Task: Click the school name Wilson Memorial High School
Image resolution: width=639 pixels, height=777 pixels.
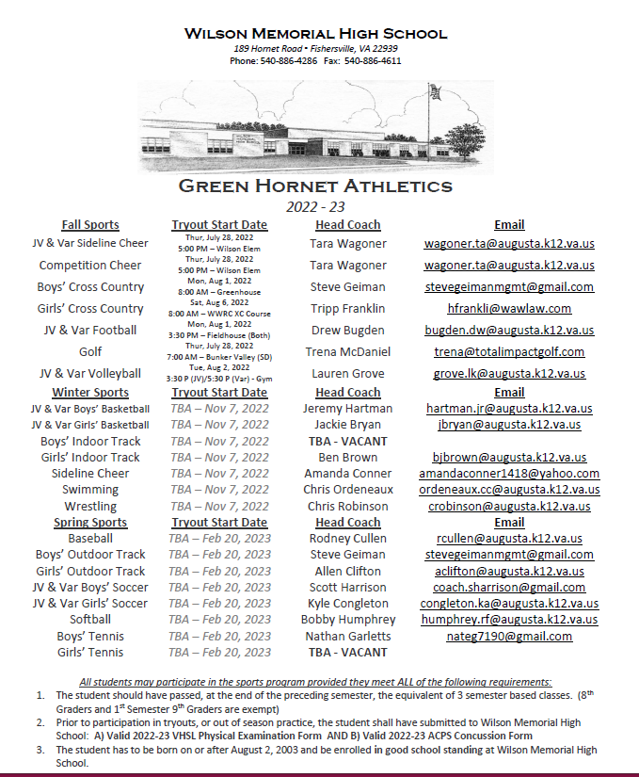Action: (x=315, y=34)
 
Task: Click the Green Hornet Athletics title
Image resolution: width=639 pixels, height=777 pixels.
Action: (x=315, y=186)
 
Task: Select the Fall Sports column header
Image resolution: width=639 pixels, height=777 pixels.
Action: (x=90, y=225)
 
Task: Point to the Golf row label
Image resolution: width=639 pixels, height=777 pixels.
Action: (x=90, y=351)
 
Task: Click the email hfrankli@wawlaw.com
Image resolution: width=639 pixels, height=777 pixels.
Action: (x=509, y=308)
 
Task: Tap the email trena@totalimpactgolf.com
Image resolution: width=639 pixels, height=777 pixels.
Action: (x=509, y=351)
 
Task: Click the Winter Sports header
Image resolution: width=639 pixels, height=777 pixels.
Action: (x=90, y=392)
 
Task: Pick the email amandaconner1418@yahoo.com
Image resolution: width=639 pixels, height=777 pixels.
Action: (x=509, y=474)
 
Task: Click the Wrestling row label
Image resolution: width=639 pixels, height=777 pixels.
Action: (x=90, y=506)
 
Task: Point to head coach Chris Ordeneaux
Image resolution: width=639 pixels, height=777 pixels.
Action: (x=348, y=490)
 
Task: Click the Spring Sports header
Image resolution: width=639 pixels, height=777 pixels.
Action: (x=90, y=523)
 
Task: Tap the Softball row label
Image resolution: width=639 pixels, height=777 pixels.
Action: (x=90, y=620)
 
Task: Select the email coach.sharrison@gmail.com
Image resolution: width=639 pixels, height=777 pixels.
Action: (x=509, y=587)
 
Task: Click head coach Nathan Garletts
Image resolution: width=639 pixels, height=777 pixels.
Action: (x=348, y=636)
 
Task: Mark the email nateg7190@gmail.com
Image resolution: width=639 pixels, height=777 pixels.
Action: (x=509, y=636)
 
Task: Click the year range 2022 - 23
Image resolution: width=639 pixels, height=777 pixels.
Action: (x=315, y=206)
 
